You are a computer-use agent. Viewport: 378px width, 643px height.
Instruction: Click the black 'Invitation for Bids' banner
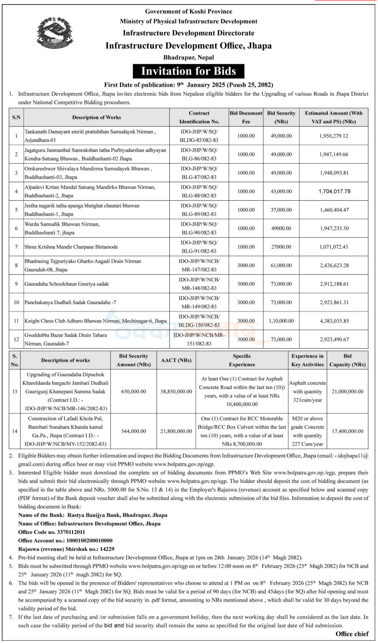click(x=189, y=71)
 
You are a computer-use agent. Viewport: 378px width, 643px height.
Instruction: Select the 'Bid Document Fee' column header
click(x=246, y=117)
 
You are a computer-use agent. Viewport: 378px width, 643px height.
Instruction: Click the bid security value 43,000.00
click(x=281, y=192)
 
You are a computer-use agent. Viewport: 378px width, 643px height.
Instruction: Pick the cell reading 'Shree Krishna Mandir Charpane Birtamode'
click(x=71, y=247)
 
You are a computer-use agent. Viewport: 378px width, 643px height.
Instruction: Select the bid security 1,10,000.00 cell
click(x=281, y=321)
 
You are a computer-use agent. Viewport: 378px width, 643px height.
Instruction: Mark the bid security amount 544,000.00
click(x=134, y=431)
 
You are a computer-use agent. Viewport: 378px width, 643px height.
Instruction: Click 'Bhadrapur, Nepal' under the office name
click(x=189, y=57)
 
